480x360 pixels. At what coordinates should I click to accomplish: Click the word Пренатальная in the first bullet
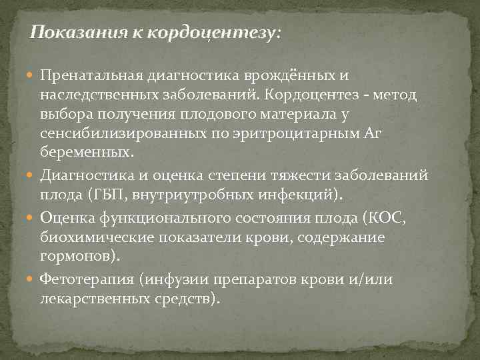[x=83, y=77]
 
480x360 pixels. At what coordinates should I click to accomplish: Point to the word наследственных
[x=86, y=95]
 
